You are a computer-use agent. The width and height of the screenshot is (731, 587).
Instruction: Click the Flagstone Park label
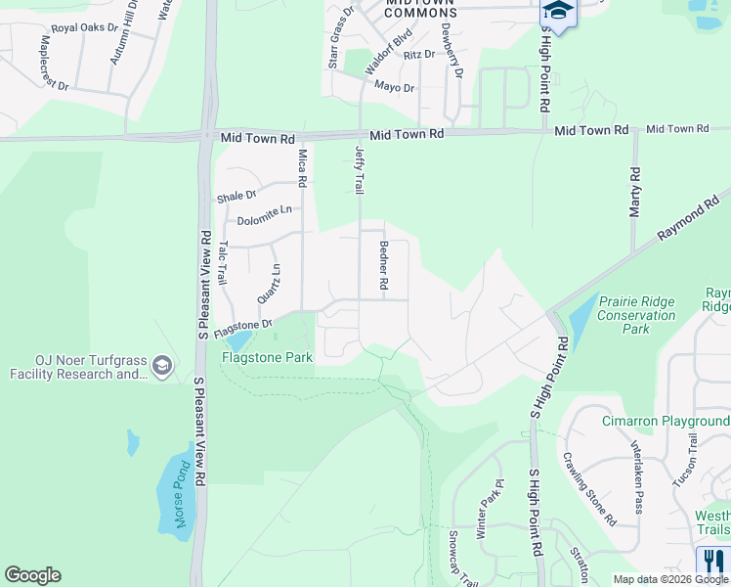267,357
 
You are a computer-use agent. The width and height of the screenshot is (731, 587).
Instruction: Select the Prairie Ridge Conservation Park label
636,315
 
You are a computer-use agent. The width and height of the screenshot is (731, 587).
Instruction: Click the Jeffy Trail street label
359,168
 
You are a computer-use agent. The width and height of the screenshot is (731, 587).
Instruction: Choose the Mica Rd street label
302,168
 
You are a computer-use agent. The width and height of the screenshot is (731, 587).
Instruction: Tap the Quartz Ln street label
274,283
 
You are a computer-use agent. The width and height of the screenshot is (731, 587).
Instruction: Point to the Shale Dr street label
236,196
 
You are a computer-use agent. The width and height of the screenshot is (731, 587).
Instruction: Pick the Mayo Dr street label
395,88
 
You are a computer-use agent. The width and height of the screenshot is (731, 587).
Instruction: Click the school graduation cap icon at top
558,11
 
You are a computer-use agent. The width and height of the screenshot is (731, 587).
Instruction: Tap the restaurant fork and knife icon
710,561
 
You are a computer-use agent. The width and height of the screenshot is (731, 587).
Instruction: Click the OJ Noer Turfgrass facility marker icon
161,367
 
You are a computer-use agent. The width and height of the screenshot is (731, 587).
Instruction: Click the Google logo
32,575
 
